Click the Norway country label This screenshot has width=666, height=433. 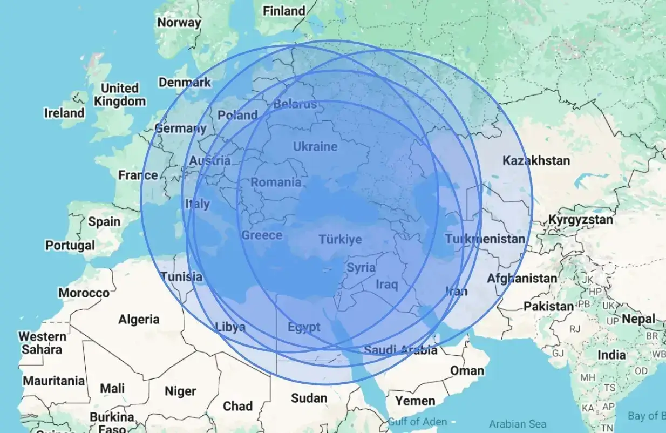point(179,23)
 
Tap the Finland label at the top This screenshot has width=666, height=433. point(283,11)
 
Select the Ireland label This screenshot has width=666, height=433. point(64,113)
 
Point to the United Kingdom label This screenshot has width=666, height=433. point(119,94)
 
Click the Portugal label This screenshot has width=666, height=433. point(70,245)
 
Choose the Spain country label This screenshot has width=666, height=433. point(104,221)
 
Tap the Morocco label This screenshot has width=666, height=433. point(84,293)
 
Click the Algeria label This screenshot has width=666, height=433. point(139,319)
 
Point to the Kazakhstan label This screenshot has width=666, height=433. point(536,160)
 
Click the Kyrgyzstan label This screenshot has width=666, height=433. point(581,220)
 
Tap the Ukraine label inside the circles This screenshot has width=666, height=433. point(315,146)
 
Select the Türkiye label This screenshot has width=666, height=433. point(340,239)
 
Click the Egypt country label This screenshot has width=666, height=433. point(303,327)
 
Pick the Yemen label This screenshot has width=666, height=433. point(415,401)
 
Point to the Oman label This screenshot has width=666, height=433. point(467,370)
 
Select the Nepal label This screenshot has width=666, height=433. point(638,319)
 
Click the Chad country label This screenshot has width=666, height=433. point(237,406)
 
